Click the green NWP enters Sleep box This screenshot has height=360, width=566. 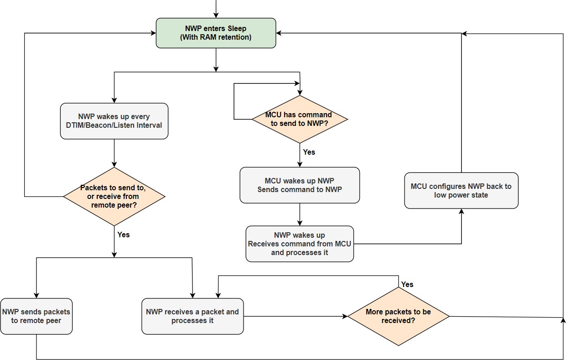click(216, 33)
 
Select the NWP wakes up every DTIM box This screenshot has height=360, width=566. click(114, 121)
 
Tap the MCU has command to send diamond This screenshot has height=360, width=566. click(300, 120)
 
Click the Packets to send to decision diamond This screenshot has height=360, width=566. click(114, 196)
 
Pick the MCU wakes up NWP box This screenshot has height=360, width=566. click(300, 185)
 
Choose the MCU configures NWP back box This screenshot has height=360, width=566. click(461, 190)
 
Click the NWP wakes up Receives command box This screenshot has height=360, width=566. click(300, 244)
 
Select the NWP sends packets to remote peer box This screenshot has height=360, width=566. click(36, 316)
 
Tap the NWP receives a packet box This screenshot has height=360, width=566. click(192, 316)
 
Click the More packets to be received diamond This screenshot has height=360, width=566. click(399, 316)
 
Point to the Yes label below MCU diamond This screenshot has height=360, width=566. click(309, 152)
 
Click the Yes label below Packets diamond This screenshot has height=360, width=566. click(123, 235)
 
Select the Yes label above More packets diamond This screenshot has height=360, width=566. click(407, 284)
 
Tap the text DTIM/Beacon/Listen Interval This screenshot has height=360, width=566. click(114, 125)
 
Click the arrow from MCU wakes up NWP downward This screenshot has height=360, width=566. click(300, 214)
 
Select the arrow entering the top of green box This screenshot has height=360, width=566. click(216, 9)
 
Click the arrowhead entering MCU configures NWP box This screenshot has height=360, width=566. click(461, 212)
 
